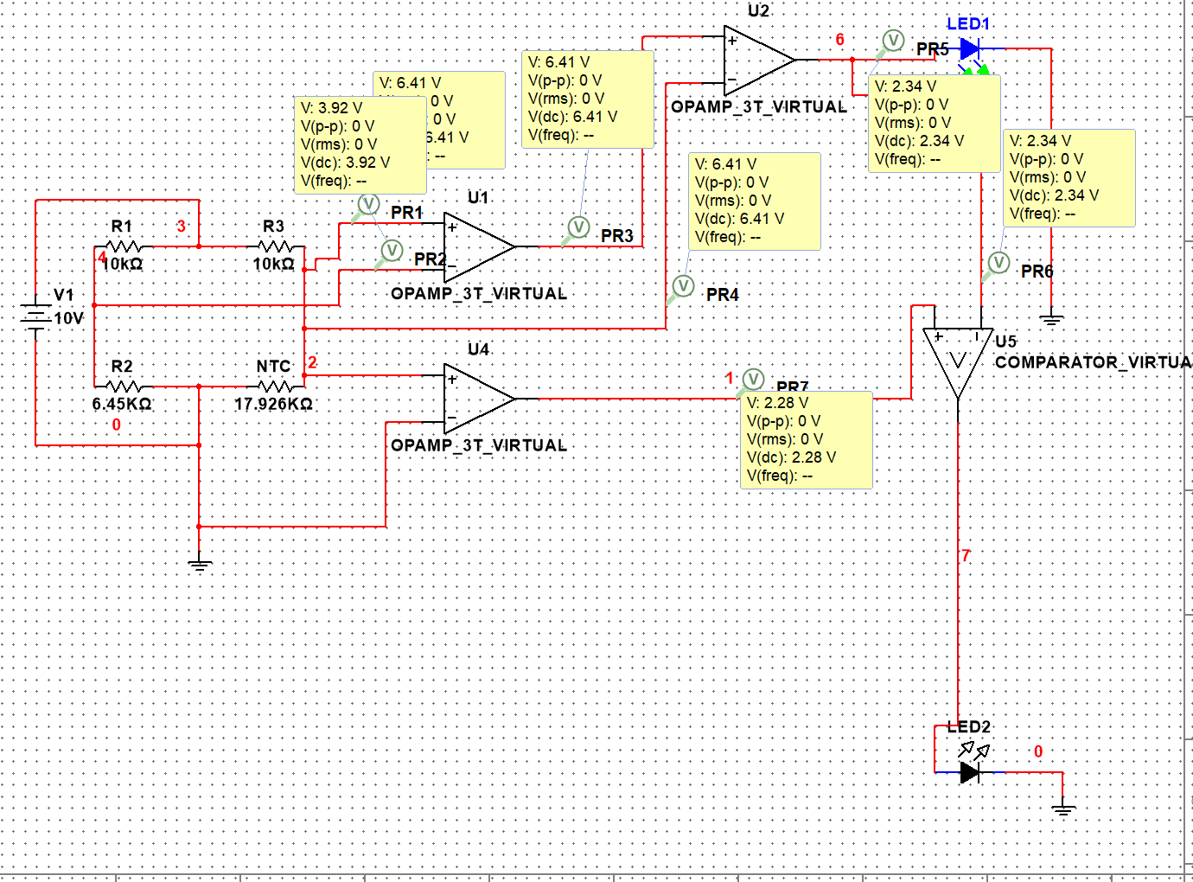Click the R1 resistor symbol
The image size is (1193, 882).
122,246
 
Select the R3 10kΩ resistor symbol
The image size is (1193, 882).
274,246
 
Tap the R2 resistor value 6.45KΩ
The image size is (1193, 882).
122,404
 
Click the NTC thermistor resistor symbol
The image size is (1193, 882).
274,386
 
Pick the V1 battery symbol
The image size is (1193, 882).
35,316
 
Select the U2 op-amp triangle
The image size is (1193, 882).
757,60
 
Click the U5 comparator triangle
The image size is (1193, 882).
957,360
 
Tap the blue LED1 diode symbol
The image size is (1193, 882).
970,49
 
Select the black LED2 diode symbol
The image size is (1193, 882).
970,772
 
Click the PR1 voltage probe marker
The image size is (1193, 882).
368,204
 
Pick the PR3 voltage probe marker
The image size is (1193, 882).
578,227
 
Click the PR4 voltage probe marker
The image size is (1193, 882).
683,285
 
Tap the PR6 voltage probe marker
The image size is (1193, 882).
998,262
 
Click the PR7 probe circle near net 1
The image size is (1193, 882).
753,379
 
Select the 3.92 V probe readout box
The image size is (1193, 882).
360,144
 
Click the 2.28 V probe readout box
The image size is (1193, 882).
806,439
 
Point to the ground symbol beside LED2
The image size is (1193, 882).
1063,809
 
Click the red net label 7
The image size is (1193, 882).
966,556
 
